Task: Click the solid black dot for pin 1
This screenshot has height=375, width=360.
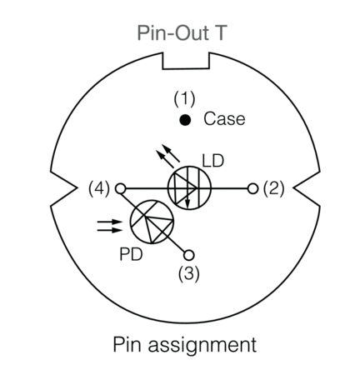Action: pyautogui.click(x=185, y=120)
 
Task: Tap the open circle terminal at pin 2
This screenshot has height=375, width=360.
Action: pyautogui.click(x=252, y=188)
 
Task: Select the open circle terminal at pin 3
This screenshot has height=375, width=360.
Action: pyautogui.click(x=188, y=255)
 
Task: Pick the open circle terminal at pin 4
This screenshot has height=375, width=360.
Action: pyautogui.click(x=120, y=188)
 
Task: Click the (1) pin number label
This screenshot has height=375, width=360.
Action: pyautogui.click(x=184, y=99)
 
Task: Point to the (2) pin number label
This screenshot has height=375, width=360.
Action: pyautogui.click(x=273, y=188)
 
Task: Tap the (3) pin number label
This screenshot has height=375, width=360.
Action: pyautogui.click(x=189, y=274)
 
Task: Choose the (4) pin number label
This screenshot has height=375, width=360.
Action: pyautogui.click(x=99, y=188)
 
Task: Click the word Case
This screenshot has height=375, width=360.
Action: pyautogui.click(x=224, y=119)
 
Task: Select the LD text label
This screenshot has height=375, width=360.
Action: pyautogui.click(x=212, y=161)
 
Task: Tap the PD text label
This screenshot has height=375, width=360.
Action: pyautogui.click(x=131, y=254)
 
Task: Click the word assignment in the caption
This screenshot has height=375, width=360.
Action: pyautogui.click(x=202, y=345)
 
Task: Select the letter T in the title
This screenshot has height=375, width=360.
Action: pyautogui.click(x=219, y=33)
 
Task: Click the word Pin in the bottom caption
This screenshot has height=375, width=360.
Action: pyautogui.click(x=129, y=344)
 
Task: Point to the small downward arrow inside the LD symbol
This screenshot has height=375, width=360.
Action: pyautogui.click(x=187, y=198)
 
